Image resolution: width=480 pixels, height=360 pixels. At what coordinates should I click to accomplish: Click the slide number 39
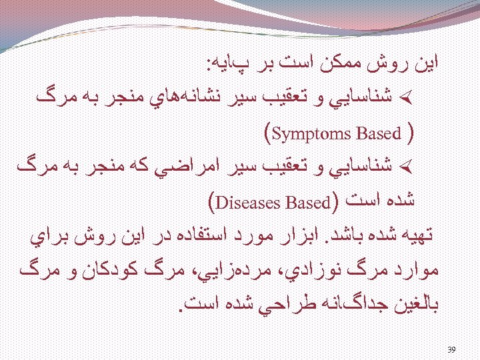[451, 349]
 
